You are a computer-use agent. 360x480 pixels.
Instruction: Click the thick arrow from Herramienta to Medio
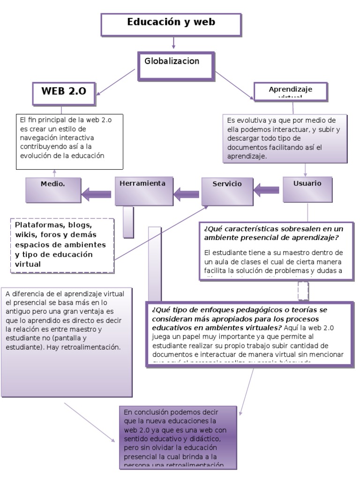98,192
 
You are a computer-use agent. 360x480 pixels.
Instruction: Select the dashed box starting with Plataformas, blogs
63,245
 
